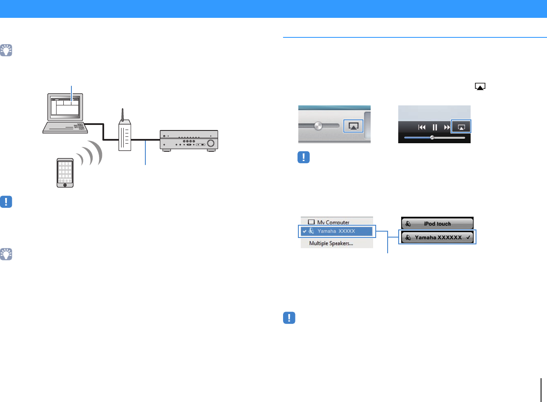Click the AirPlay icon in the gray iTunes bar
point(353,126)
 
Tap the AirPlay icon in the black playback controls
point(462,127)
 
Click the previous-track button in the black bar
point(422,127)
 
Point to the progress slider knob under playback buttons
point(432,137)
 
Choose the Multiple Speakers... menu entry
point(331,243)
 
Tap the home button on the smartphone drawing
point(65,185)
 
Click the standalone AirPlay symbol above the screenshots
point(480,87)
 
